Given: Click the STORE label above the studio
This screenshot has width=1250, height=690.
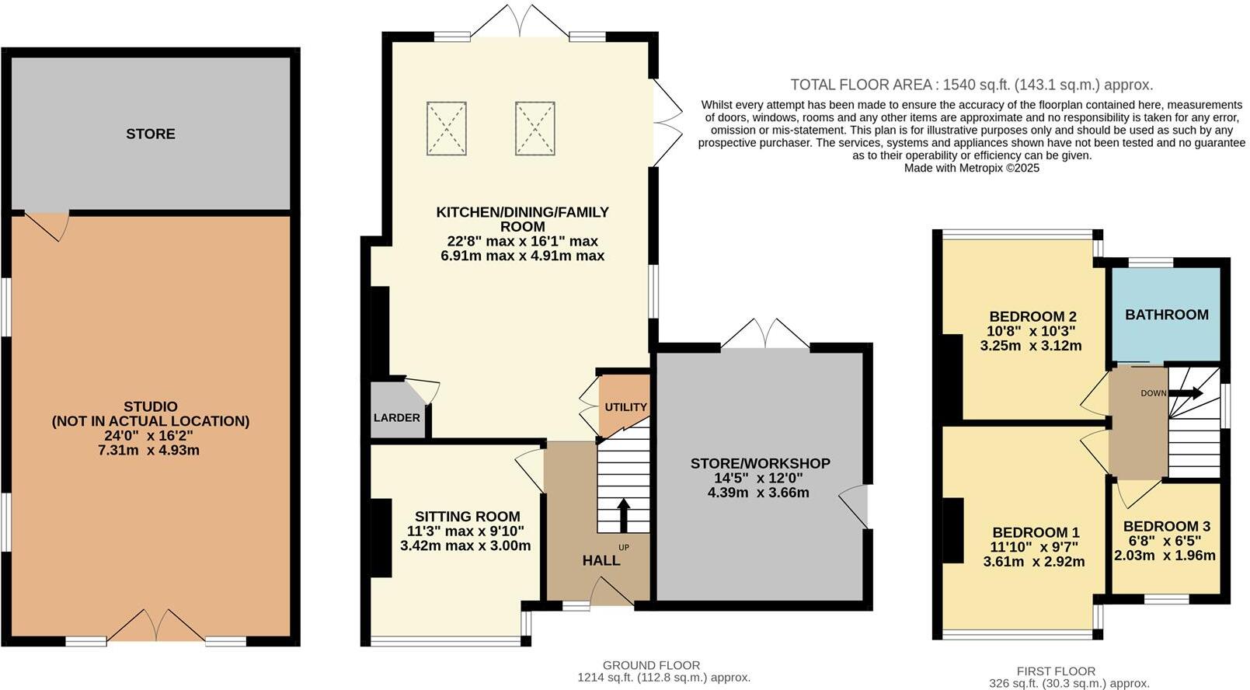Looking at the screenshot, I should (x=151, y=134).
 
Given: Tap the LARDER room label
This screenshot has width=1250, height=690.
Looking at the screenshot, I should (x=396, y=418).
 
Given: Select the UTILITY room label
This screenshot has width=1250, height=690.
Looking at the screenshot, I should (x=625, y=407).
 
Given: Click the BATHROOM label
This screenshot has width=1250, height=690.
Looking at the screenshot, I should (x=1166, y=315).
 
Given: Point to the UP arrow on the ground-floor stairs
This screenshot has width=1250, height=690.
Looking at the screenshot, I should (x=623, y=514).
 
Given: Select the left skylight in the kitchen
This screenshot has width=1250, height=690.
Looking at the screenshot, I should (x=447, y=128).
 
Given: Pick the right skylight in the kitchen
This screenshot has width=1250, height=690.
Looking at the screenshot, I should (x=534, y=128).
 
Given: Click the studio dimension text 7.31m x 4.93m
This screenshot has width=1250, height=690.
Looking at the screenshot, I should (x=149, y=450).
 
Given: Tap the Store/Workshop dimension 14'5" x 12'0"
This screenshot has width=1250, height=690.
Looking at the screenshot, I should (x=759, y=478).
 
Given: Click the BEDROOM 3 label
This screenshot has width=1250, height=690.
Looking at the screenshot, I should (x=1166, y=526).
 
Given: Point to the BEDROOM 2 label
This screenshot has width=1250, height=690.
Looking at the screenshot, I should (x=1032, y=316).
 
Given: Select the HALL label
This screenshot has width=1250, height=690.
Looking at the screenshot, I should (x=601, y=560).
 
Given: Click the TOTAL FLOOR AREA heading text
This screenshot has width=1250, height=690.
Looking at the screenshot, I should (x=971, y=85).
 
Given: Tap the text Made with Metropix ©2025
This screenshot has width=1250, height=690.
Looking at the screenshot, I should (x=971, y=168).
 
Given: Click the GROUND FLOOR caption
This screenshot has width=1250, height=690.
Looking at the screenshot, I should (x=651, y=665).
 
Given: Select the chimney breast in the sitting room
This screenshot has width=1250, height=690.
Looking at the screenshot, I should (x=381, y=538).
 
